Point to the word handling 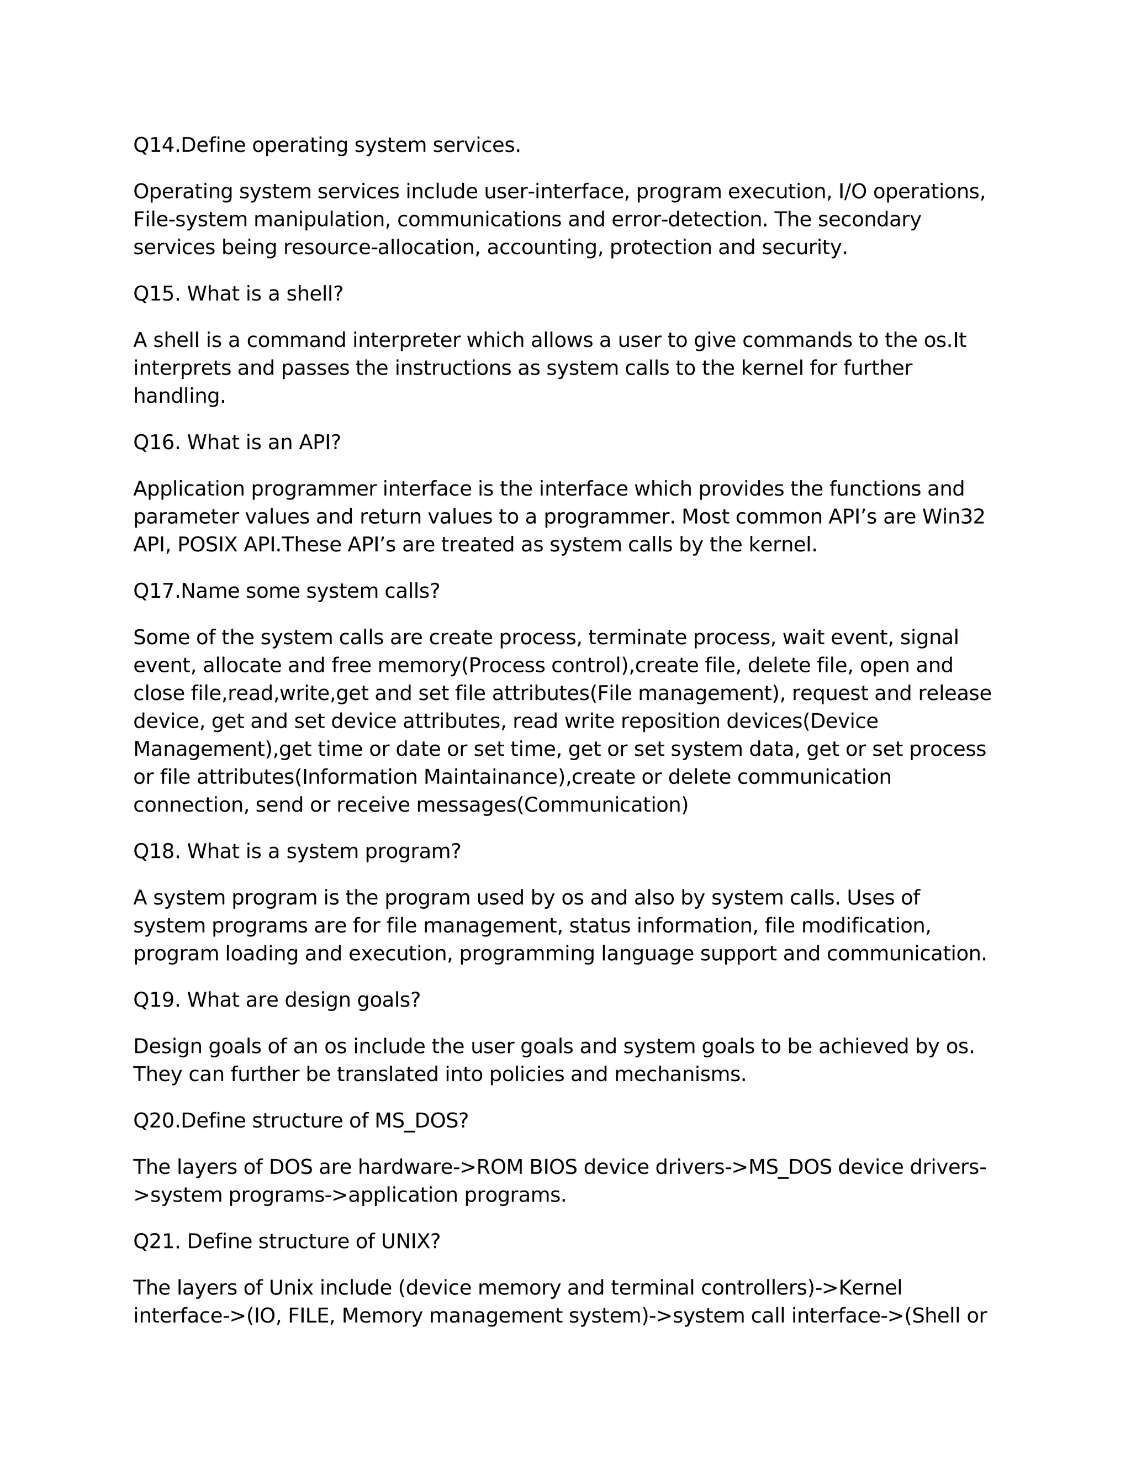coord(179,396)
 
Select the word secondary coord(869,220)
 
